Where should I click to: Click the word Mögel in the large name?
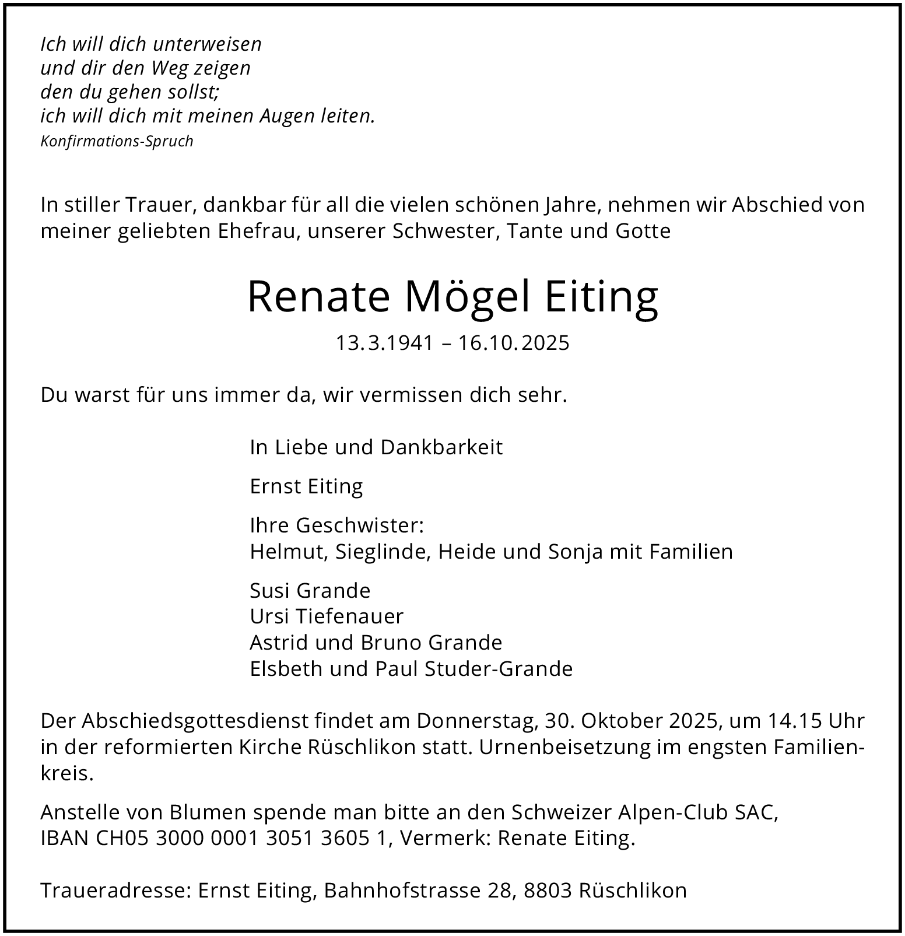coord(467,297)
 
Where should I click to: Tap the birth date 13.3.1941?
coord(384,343)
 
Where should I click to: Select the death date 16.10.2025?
coord(513,343)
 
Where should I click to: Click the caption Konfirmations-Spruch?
coord(117,142)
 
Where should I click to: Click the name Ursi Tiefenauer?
coord(327,616)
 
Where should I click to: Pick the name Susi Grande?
coord(310,590)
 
